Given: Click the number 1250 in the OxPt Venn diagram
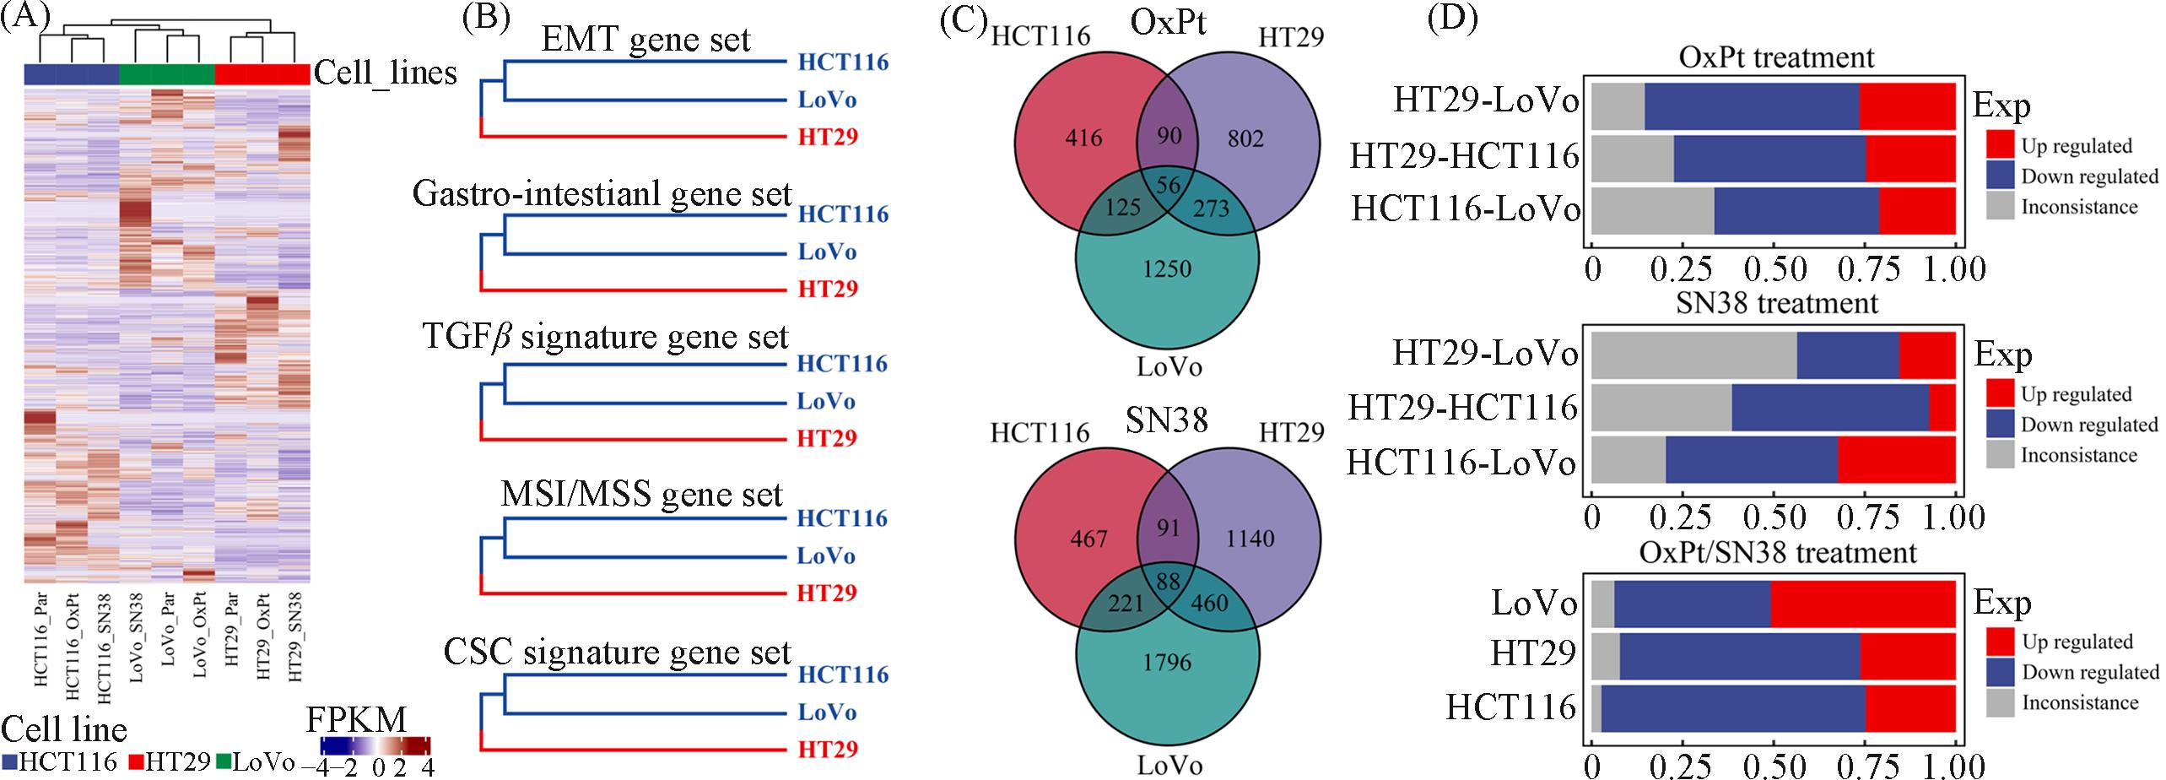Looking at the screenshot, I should (x=1167, y=268).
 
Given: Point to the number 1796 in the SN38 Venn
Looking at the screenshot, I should (x=1168, y=661).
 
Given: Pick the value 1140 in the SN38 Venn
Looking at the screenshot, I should (x=1250, y=537).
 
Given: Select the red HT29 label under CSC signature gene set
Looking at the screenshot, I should (x=829, y=749).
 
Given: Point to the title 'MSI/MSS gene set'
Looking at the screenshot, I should (x=641, y=494).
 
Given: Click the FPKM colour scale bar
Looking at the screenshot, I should (x=375, y=745).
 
